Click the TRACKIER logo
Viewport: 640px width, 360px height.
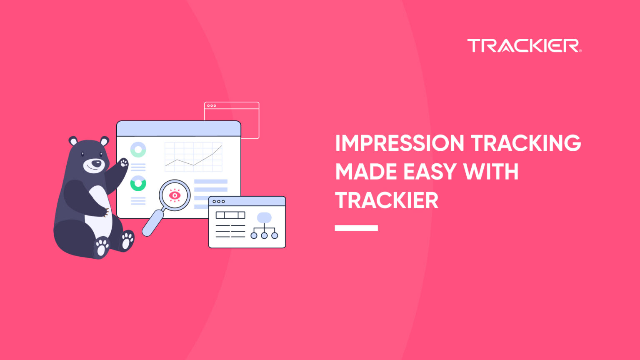coord(524,45)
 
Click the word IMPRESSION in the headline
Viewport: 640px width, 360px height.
coord(399,143)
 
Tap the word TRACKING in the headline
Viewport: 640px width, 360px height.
coord(526,143)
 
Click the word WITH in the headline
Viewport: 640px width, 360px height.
coord(492,172)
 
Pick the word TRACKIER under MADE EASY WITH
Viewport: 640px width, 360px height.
coord(387,200)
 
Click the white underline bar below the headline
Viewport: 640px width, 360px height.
coord(356,228)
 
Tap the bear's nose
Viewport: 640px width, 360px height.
coord(97,163)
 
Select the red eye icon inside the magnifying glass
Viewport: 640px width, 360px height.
coord(175,195)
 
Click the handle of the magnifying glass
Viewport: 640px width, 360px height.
coord(152,223)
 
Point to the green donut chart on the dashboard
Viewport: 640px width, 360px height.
coord(138,183)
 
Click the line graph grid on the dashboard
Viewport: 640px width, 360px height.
coord(193,157)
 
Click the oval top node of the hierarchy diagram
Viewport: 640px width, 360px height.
coord(264,217)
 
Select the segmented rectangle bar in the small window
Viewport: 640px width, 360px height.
coord(230,215)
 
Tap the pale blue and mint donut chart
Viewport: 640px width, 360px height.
coord(138,149)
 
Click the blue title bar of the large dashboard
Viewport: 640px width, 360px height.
coord(178,128)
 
